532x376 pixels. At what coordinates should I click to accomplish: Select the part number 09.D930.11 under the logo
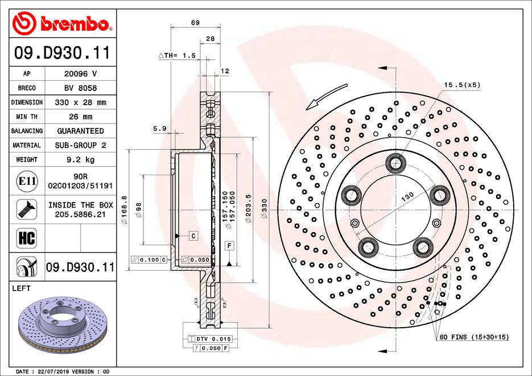pyautogui.click(x=61, y=54)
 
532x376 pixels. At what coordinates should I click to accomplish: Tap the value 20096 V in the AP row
pyautogui.click(x=80, y=74)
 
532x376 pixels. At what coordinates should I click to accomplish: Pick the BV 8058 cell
pyautogui.click(x=80, y=88)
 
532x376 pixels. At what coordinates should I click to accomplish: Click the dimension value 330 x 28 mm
pyautogui.click(x=80, y=102)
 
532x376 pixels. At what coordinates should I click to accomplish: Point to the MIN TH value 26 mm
pyautogui.click(x=80, y=117)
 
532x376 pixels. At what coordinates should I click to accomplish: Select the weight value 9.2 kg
pyautogui.click(x=80, y=160)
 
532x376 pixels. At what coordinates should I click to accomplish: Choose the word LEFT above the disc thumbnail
pyautogui.click(x=21, y=289)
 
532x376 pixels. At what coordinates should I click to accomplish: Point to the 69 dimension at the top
pyautogui.click(x=195, y=23)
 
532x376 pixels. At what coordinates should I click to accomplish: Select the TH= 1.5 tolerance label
pyautogui.click(x=177, y=55)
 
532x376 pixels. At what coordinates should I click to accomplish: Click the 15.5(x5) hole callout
pyautogui.click(x=462, y=85)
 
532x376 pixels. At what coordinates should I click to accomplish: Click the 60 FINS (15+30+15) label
pyautogui.click(x=474, y=337)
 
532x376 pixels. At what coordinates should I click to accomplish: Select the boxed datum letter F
pyautogui.click(x=229, y=246)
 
